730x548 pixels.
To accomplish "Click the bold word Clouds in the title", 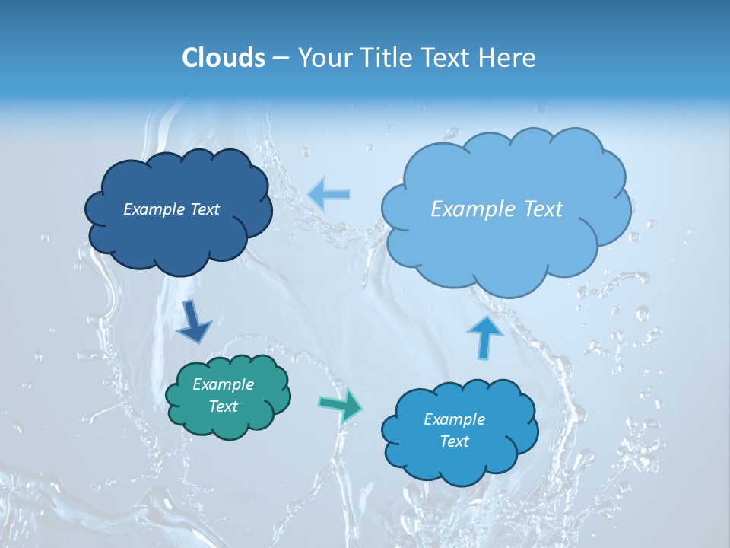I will (x=224, y=58).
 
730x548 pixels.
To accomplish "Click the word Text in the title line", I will (x=446, y=58).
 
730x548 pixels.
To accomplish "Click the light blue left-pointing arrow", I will (x=330, y=194).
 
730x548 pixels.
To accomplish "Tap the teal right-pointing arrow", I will (x=341, y=405).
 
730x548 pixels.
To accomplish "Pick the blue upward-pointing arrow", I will (x=485, y=336).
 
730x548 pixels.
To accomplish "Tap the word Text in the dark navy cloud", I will (x=205, y=209).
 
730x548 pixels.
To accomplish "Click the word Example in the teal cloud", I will (x=223, y=384).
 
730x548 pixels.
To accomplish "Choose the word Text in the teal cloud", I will (x=223, y=406).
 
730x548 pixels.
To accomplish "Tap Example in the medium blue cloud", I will (x=454, y=419).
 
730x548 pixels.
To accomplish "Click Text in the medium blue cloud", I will (x=454, y=441).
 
